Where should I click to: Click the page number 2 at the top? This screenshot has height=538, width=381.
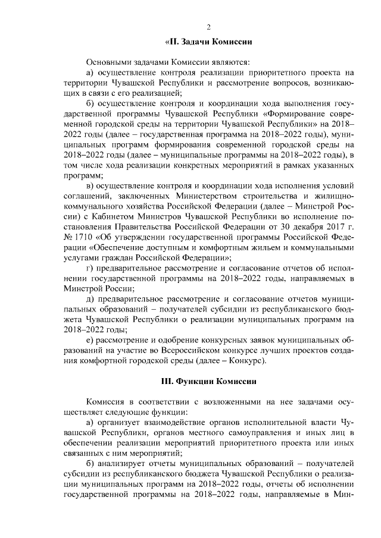209,27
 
